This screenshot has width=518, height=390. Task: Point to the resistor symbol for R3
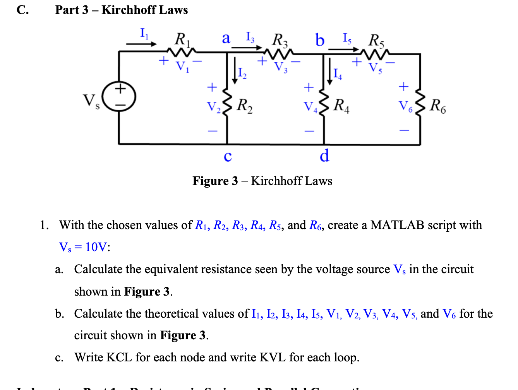pos(278,52)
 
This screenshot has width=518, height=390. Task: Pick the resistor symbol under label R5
pos(375,52)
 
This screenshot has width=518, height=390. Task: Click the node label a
pos(226,38)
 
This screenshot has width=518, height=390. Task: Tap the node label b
pos(319,40)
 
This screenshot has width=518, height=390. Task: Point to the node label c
pos(228,156)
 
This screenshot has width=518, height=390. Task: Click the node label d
pos(324,156)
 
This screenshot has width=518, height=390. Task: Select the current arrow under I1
pos(141,44)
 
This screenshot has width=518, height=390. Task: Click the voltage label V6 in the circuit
pos(405,106)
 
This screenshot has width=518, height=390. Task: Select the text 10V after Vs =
pos(96,247)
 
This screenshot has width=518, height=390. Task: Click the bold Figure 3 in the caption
pos(215,181)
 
